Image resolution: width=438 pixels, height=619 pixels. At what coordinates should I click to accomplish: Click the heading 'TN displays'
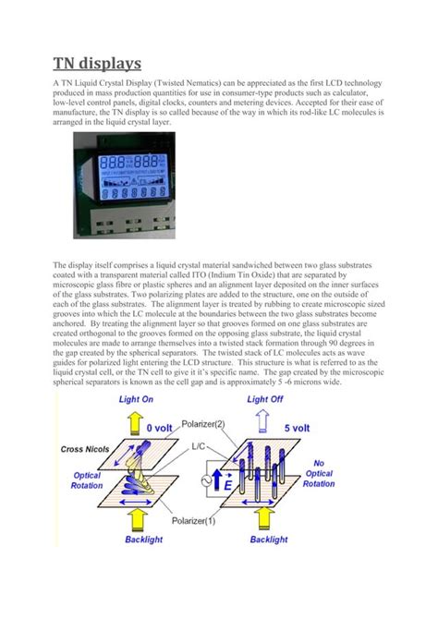coord(97,64)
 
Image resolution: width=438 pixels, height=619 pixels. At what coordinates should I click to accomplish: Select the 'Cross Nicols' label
coord(85,449)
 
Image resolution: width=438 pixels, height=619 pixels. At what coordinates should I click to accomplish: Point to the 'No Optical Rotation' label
coord(319,473)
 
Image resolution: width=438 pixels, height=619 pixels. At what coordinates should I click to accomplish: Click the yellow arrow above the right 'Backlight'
coord(268,517)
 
